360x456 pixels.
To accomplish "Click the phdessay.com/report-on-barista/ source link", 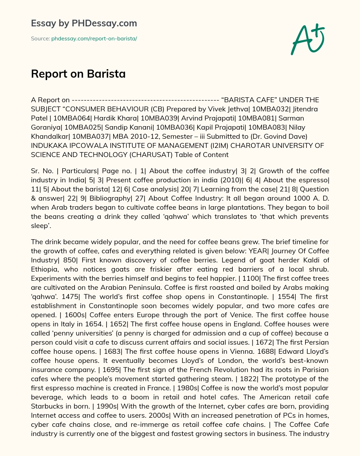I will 94,39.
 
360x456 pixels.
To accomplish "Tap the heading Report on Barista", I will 78,74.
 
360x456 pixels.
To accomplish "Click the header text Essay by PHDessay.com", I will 84,23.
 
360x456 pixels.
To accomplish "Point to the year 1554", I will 286,297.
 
